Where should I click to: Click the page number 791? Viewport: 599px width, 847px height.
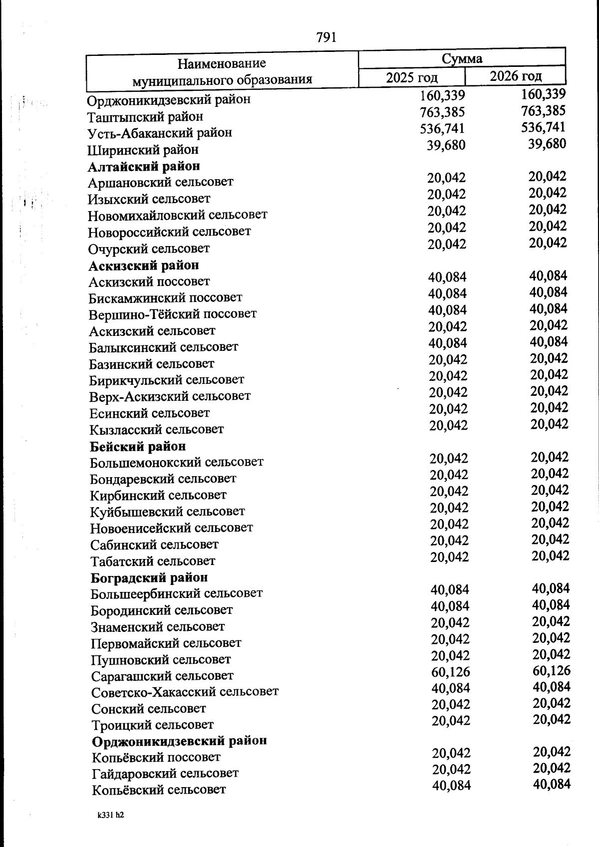coord(326,37)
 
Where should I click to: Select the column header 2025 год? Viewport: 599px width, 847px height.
coord(412,77)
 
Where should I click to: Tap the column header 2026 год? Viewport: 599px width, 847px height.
coord(515,76)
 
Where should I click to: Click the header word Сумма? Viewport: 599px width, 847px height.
coord(462,58)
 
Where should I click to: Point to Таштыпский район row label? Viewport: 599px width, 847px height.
coord(145,117)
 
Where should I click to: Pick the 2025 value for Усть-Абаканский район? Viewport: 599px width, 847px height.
coord(442,129)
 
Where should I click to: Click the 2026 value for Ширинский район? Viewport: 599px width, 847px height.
coord(547,144)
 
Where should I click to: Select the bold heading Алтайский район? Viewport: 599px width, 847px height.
coord(144,166)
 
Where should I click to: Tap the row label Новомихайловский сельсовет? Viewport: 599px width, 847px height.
coord(178,215)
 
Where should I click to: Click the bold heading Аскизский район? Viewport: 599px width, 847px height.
coord(144,265)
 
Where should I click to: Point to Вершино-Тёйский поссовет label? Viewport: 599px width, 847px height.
coord(173,314)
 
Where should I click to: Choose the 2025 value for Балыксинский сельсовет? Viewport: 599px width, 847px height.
coord(447,343)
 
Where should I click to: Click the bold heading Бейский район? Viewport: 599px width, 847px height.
coord(138,446)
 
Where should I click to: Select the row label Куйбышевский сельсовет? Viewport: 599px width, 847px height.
coord(167,512)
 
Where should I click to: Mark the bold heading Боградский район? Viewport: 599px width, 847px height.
coord(149,577)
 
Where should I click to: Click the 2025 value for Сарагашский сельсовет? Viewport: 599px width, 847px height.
coord(450,672)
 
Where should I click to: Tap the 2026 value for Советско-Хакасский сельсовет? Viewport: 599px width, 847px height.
coord(551,687)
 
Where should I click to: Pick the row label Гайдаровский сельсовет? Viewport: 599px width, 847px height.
coord(165,774)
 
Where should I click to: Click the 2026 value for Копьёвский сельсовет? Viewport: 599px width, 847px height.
coord(552,784)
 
